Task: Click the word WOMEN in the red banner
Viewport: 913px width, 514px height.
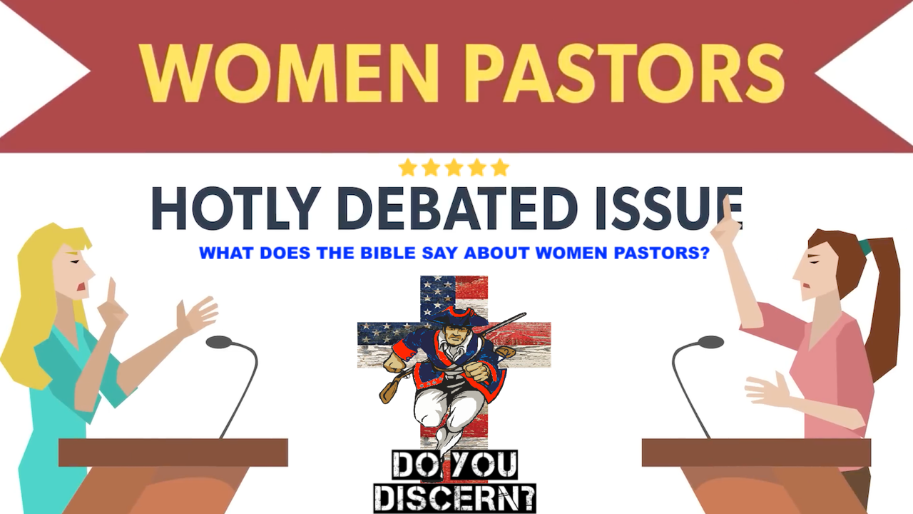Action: click(289, 73)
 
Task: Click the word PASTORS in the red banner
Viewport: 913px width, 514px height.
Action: click(626, 73)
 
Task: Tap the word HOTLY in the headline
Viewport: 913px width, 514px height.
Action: click(236, 208)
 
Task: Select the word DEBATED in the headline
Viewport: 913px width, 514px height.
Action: click(457, 208)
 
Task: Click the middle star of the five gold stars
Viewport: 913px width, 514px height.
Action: click(454, 168)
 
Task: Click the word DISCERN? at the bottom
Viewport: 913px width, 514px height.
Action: click(454, 498)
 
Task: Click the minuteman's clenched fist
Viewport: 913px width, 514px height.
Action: click(477, 371)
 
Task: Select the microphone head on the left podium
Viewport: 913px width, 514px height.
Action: click(219, 342)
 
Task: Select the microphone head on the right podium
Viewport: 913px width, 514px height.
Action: click(710, 342)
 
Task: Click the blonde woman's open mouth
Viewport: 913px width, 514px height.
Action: click(82, 286)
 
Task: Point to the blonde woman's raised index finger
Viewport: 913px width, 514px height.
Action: click(111, 290)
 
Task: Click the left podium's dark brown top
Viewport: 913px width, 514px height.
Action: click(173, 453)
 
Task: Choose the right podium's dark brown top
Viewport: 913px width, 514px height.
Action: click(757, 453)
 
